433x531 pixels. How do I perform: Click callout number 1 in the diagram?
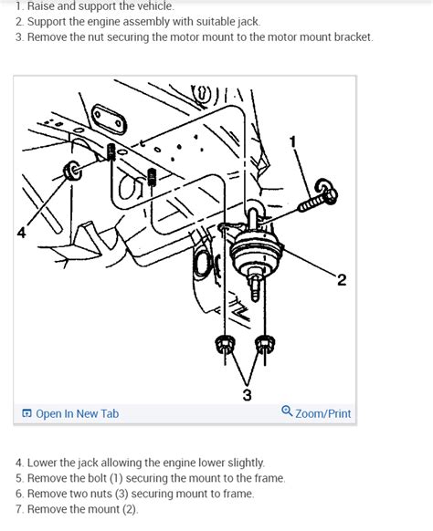click(x=293, y=141)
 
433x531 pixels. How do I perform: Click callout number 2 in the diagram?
click(x=342, y=280)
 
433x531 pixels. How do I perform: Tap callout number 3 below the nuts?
click(x=248, y=394)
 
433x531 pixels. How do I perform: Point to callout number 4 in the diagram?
click(x=21, y=233)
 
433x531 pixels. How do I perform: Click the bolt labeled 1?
click(x=319, y=196)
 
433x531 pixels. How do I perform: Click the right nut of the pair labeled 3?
click(x=265, y=345)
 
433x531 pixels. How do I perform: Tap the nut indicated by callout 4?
click(x=72, y=171)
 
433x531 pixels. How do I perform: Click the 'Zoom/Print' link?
click(x=322, y=413)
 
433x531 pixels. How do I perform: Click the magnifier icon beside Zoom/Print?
click(x=287, y=411)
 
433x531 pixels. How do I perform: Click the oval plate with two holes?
click(x=109, y=120)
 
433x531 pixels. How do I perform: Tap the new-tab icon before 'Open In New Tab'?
click(x=26, y=413)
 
